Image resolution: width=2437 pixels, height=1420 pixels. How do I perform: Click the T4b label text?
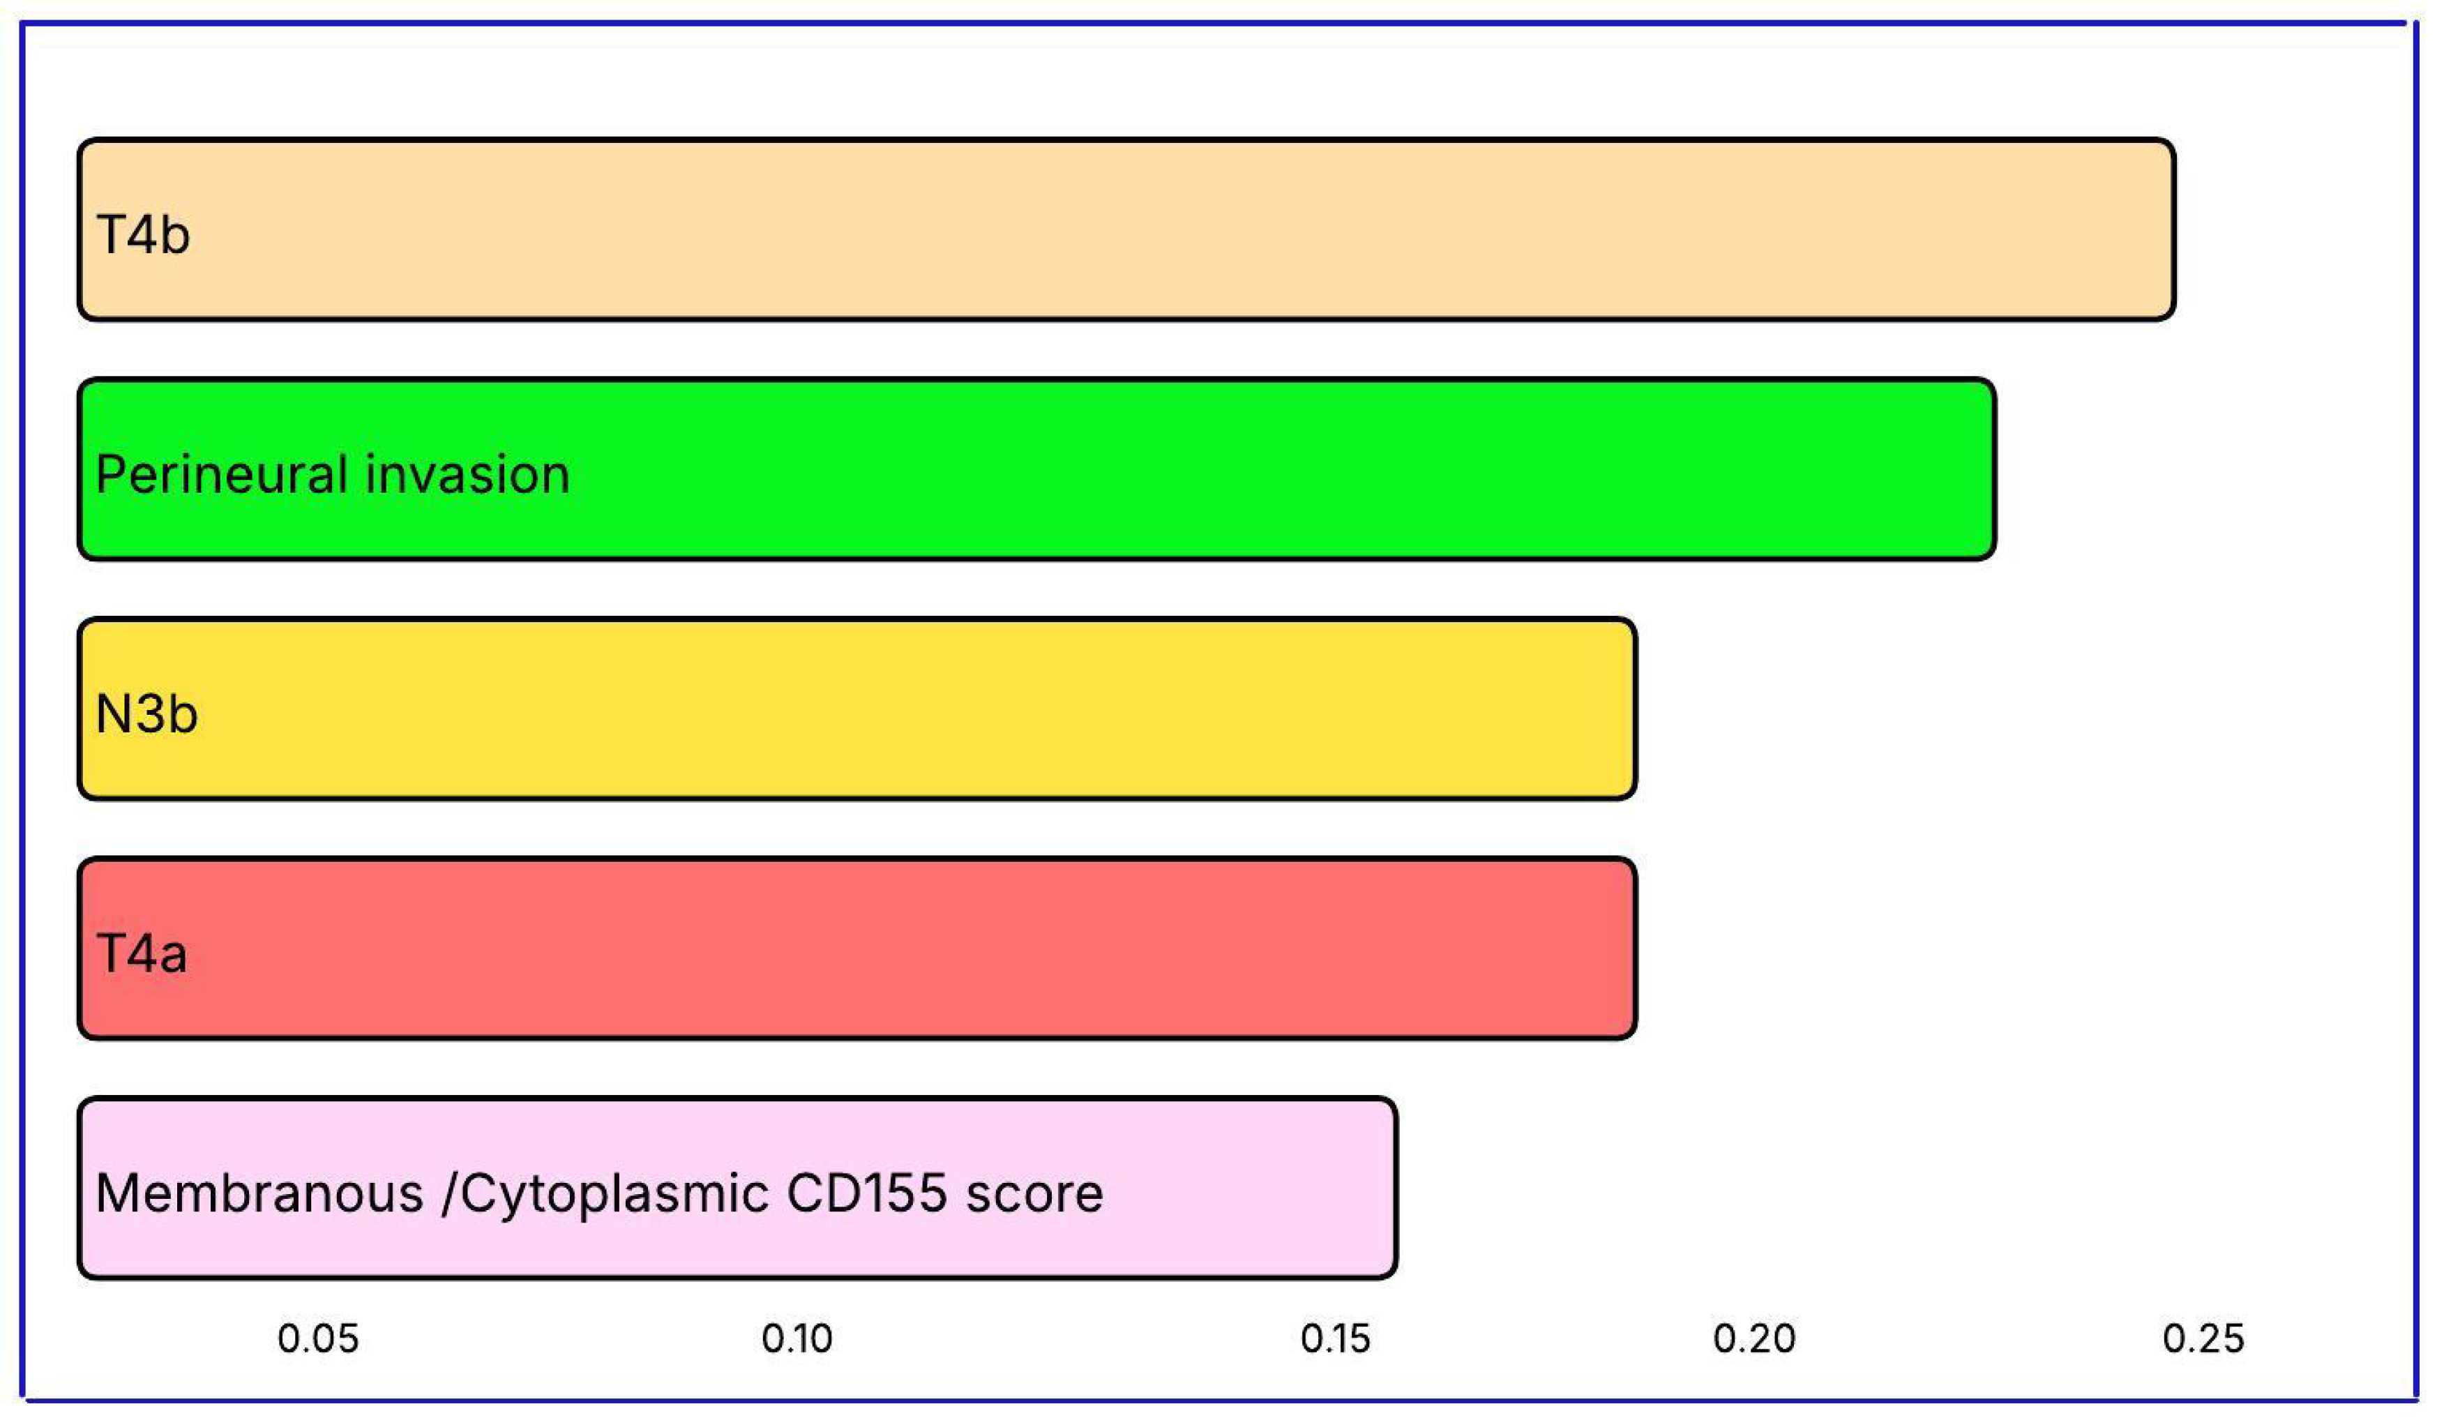tap(143, 235)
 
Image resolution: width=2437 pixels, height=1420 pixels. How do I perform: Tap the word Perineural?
tap(222, 475)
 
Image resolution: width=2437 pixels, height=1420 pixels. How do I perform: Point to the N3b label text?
tap(147, 715)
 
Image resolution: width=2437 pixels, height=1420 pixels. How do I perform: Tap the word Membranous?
tap(259, 1193)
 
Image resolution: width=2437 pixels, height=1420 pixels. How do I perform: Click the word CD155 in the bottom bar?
tap(866, 1193)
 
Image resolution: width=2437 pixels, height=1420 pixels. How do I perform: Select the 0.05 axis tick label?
tap(317, 1338)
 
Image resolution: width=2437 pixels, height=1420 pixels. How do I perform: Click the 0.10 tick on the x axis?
tap(796, 1338)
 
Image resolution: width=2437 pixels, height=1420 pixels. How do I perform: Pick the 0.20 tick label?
tap(1754, 1338)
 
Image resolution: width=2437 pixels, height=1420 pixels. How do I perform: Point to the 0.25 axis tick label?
tap(2203, 1338)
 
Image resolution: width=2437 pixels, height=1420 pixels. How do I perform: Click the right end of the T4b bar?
tap(2166, 229)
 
